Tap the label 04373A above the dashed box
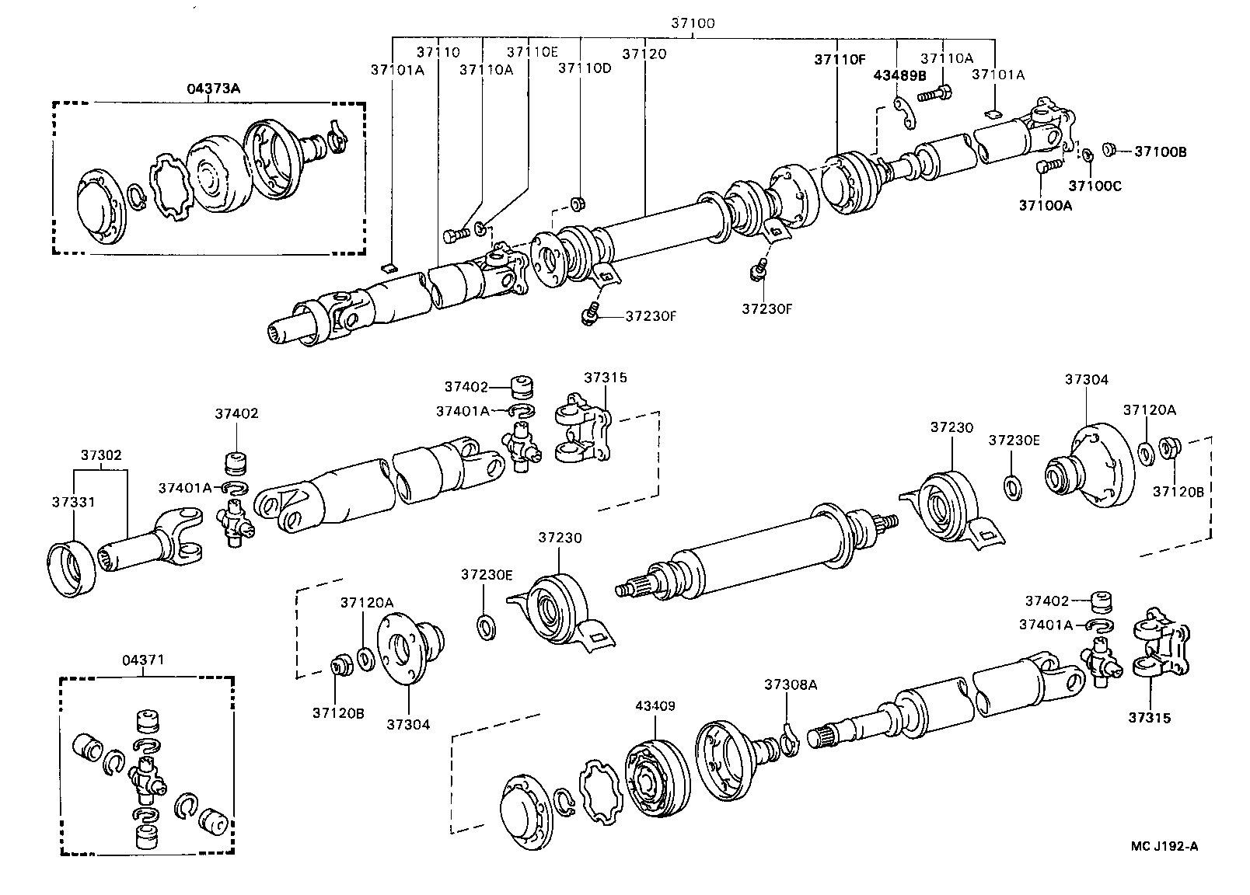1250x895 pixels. pos(213,89)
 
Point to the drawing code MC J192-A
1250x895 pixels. pos(1164,846)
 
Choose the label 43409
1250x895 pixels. pos(655,706)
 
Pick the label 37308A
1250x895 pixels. pos(791,684)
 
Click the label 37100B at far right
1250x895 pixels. pos(1160,151)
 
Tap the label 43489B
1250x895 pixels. pos(900,75)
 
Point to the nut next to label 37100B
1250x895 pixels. pos(1110,148)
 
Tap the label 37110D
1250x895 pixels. pos(585,68)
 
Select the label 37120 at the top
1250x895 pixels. pos(644,54)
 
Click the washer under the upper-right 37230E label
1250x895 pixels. pos(1014,489)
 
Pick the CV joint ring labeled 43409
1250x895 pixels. pos(658,779)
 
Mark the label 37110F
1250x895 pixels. pos(840,58)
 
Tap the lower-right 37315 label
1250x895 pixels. pos(1149,718)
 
